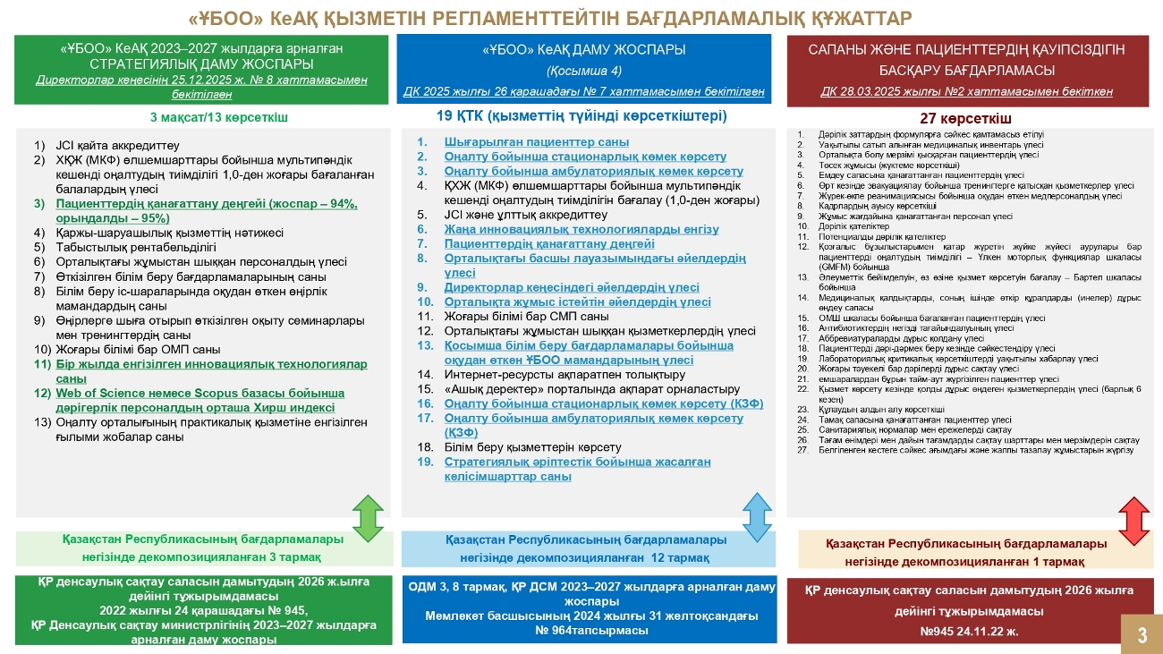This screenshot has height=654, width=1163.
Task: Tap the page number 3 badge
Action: click(1142, 634)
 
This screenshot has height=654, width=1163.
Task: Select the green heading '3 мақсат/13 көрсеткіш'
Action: click(219, 117)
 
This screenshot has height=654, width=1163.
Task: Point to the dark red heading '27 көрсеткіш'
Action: click(965, 118)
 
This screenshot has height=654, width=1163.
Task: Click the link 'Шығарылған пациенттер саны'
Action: click(536, 142)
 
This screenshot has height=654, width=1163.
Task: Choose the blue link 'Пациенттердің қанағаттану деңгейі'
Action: click(549, 243)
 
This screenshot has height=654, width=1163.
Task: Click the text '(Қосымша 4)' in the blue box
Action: click(583, 71)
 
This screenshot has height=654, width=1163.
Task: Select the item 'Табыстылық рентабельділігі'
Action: click(136, 247)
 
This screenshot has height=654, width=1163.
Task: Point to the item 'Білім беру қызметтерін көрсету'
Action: click(532, 446)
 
